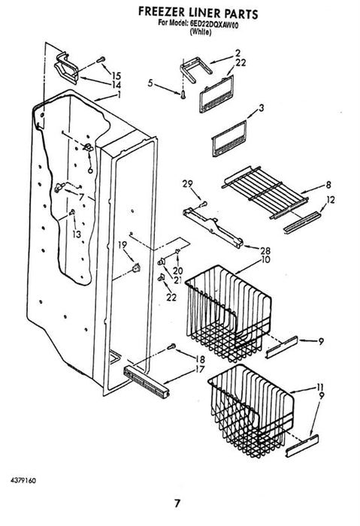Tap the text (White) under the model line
tap(201, 32)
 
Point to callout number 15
tap(116, 76)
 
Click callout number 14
tap(116, 85)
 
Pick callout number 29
tap(188, 183)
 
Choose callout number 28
tap(265, 250)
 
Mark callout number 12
tap(330, 200)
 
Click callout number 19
tap(123, 245)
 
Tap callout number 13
tap(77, 234)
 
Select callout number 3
tap(261, 108)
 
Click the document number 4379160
tap(23, 481)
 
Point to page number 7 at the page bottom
tap(177, 503)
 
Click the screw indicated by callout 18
tap(171, 346)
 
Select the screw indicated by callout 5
tap(183, 95)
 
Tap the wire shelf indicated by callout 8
tap(265, 192)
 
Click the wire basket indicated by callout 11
tap(251, 411)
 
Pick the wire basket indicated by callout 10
tap(228, 313)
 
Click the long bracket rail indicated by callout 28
tap(213, 228)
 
